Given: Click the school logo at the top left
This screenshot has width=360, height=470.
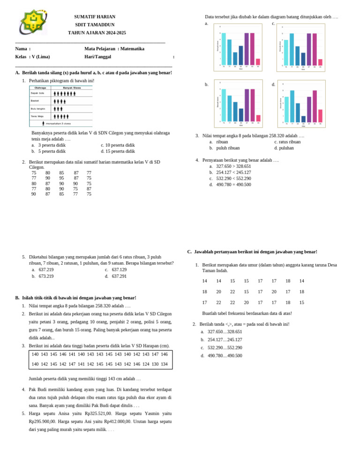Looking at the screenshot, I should [x=33, y=22].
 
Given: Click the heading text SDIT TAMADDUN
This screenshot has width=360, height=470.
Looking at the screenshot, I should [x=95, y=25].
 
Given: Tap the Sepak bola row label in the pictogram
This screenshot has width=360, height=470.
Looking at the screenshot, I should [x=37, y=93].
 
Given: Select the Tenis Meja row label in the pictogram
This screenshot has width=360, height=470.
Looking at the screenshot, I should [x=37, y=116].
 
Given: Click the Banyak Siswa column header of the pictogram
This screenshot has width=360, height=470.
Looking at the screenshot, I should [x=72, y=87].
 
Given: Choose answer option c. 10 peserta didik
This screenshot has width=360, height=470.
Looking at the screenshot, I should [x=118, y=145].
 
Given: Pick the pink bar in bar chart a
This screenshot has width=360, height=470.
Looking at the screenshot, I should [x=258, y=62].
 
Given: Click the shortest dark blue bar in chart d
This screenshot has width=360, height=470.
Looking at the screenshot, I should [x=303, y=119].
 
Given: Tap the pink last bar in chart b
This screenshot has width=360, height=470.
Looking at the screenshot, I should [x=258, y=118].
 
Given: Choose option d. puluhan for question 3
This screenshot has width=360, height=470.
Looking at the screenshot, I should [x=284, y=148].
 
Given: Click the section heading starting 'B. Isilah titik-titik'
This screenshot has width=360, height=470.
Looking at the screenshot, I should [x=75, y=298].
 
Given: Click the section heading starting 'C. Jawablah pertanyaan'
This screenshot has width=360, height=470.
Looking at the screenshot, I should [x=252, y=252].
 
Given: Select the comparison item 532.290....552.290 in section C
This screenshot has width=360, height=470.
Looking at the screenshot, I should [x=222, y=348].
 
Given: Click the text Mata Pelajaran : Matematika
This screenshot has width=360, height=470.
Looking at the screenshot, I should [x=114, y=49].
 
